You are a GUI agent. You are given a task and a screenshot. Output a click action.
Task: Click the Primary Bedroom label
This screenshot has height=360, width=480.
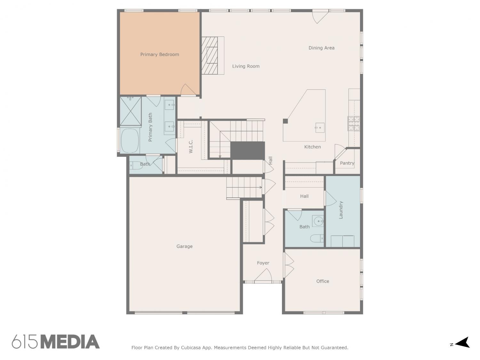(159, 54)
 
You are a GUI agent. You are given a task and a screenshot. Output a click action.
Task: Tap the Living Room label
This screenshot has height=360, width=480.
(246, 66)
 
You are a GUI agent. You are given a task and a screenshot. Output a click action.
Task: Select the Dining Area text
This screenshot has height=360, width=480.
(321, 48)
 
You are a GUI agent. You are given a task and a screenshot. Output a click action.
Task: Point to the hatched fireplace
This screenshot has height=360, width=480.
(210, 55)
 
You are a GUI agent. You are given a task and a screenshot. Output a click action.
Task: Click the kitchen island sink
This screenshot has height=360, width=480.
(320, 128)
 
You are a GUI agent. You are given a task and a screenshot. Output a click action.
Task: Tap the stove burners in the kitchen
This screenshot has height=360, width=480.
(354, 124)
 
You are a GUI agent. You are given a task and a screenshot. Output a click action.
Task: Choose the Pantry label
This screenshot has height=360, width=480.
(347, 163)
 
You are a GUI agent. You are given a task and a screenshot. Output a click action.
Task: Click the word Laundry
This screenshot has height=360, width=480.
(341, 210)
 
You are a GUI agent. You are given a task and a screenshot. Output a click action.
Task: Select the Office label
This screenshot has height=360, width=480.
(323, 281)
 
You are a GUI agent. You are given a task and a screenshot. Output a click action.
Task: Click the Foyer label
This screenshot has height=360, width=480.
(263, 263)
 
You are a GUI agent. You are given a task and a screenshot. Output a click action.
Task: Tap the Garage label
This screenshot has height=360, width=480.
(184, 246)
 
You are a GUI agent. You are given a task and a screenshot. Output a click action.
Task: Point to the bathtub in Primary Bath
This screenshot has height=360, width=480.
(130, 140)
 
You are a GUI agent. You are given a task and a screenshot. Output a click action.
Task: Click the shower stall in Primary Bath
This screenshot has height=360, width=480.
(130, 111)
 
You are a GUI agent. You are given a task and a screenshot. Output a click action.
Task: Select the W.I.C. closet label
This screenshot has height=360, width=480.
(191, 146)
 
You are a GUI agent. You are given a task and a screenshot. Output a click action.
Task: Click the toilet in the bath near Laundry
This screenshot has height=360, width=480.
(317, 238)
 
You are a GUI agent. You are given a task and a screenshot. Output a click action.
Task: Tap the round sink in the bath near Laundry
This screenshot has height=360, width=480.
(318, 221)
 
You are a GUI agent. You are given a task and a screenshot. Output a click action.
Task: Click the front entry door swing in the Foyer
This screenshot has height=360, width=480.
(263, 275)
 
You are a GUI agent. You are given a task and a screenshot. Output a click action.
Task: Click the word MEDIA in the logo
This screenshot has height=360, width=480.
(70, 342)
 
